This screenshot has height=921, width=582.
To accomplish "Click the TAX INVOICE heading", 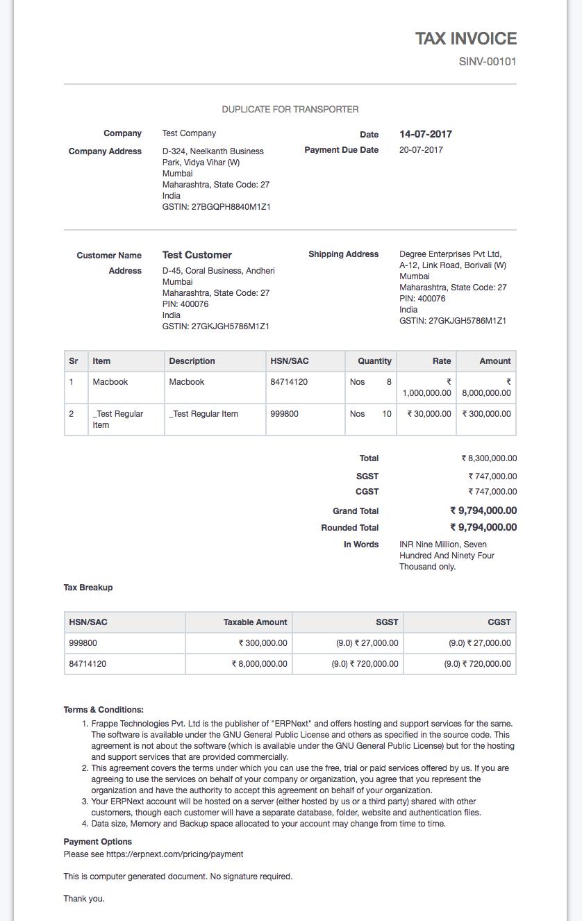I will [466, 39].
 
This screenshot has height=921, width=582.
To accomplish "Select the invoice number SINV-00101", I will [488, 62].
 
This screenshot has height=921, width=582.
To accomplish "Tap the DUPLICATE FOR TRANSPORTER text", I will [290, 109].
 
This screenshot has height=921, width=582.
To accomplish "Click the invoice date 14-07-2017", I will [426, 134].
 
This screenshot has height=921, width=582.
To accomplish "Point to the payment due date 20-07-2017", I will [421, 150].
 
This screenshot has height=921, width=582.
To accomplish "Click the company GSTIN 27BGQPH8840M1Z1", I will [216, 207].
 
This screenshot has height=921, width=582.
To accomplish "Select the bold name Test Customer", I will [197, 255].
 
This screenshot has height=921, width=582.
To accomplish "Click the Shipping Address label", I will [344, 254].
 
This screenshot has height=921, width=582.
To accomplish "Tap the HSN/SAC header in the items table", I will [290, 361].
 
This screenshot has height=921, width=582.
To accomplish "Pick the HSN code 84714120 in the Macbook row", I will [289, 382].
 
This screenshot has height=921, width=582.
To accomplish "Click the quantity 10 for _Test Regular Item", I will [387, 414].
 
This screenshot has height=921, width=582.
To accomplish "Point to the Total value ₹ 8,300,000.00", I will [489, 458].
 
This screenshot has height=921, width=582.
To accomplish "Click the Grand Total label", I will [356, 511].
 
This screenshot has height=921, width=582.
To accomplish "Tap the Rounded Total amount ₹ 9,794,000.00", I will [483, 527].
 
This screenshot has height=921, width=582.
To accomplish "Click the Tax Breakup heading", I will [88, 588].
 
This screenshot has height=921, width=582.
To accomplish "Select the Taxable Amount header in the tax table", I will [255, 622].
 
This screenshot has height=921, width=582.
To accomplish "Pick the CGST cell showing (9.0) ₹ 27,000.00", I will [479, 643].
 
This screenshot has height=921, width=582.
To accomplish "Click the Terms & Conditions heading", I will [103, 710].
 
